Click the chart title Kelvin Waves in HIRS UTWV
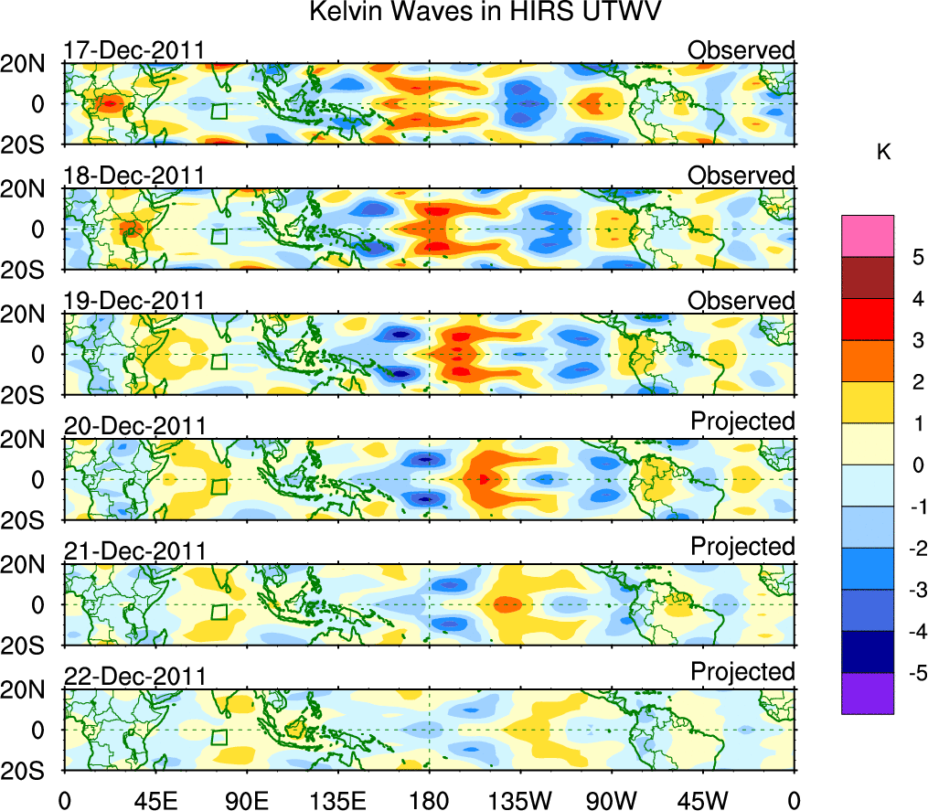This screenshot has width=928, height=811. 485,13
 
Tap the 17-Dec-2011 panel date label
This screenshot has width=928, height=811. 134,50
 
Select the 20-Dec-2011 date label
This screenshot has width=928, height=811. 134,426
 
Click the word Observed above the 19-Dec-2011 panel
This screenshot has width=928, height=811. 741,301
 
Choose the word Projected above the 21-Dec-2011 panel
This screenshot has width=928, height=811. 742,547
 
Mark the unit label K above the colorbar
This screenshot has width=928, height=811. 884,153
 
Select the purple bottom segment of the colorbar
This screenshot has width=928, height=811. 867,693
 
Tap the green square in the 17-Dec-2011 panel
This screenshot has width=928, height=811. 219,111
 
